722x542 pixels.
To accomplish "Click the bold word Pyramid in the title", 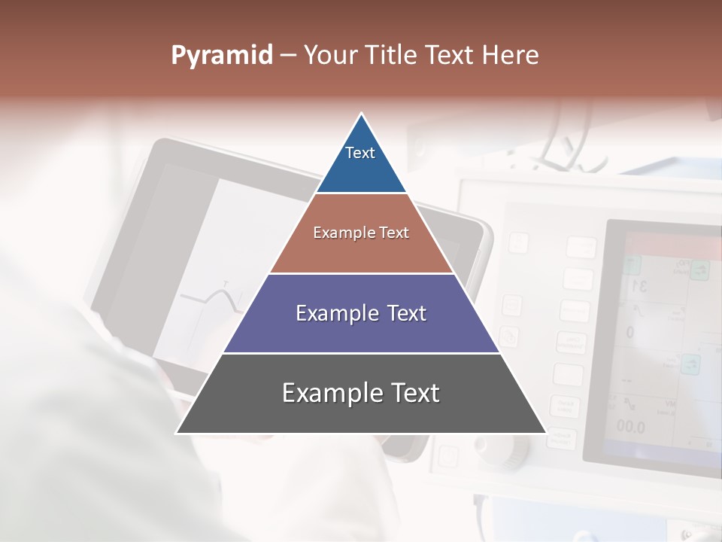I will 222,56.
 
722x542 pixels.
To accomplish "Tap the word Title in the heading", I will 396,56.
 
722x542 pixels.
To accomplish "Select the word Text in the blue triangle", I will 360,153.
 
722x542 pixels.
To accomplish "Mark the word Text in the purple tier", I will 405,313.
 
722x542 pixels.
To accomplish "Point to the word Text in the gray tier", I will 414,393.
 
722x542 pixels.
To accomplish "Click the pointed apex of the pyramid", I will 362,116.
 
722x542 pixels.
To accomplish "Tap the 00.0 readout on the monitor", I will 630,427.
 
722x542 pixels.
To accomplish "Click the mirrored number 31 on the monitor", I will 639,286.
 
